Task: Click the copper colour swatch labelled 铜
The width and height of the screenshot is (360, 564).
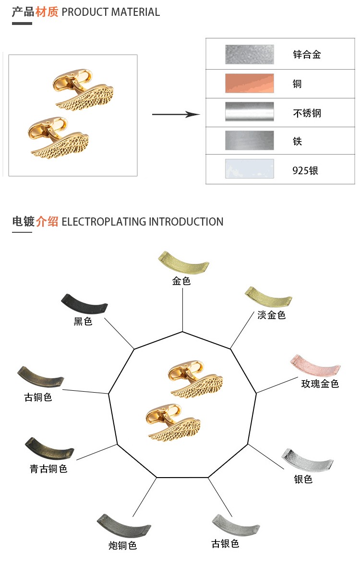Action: [250, 83]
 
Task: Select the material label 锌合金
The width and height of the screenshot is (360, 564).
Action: [307, 55]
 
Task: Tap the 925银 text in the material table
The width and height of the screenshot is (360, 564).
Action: [305, 170]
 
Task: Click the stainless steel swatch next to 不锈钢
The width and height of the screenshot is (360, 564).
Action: [250, 112]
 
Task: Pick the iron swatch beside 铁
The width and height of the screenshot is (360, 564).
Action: [250, 141]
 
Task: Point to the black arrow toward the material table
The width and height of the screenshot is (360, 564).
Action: [175, 114]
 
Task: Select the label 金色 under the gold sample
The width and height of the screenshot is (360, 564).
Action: [181, 282]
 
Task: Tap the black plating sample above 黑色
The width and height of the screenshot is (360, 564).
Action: [84, 304]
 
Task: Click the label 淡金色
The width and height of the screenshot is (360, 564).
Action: [271, 315]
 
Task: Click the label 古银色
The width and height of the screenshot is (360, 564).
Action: [225, 544]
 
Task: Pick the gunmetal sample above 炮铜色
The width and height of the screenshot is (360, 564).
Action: [124, 527]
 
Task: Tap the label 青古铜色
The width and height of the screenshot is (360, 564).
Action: [48, 469]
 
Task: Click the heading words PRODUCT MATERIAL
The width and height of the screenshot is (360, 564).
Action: [111, 12]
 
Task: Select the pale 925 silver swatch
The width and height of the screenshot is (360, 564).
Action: [250, 169]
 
